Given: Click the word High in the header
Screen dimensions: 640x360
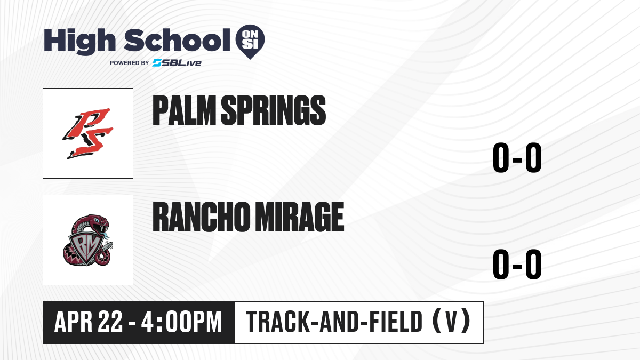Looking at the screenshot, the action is pyautogui.click(x=79, y=42).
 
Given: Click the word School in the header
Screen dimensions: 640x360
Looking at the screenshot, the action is pyautogui.click(x=177, y=40).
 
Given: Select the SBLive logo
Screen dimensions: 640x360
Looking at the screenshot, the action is pyautogui.click(x=177, y=62).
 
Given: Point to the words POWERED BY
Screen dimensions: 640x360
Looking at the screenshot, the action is pyautogui.click(x=130, y=63).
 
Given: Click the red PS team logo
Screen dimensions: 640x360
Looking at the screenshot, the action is pyautogui.click(x=88, y=133).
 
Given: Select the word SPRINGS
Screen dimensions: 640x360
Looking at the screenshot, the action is pyautogui.click(x=274, y=110).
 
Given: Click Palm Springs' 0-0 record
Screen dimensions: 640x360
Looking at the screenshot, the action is pyautogui.click(x=517, y=157).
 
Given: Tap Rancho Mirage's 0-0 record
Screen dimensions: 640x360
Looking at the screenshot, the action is pyautogui.click(x=517, y=264).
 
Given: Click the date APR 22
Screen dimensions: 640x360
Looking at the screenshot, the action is pyautogui.click(x=89, y=322).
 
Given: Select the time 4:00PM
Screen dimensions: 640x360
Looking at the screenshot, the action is pyautogui.click(x=182, y=322).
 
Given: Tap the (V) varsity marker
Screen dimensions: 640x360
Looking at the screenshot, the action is pyautogui.click(x=451, y=322).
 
